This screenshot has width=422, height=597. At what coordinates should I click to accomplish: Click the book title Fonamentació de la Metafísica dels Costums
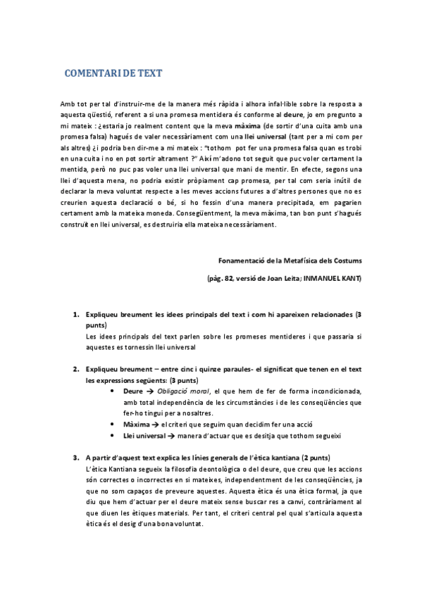(290, 260)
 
